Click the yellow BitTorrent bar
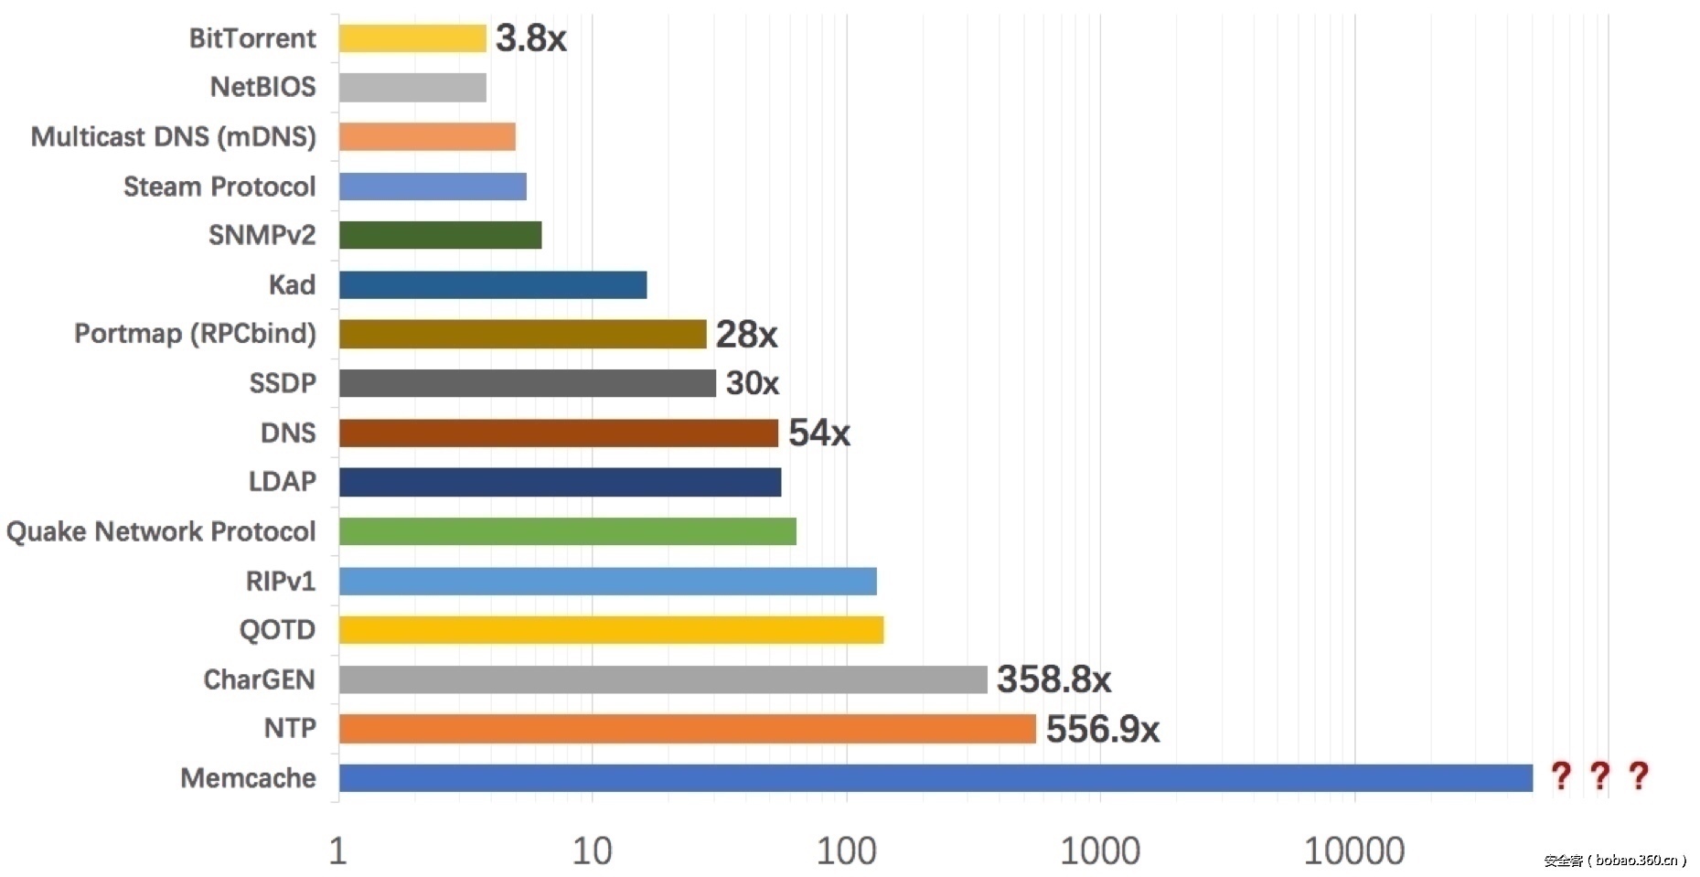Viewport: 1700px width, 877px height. [x=412, y=38]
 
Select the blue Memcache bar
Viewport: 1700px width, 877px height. [x=935, y=778]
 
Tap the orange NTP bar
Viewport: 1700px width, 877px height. [x=687, y=729]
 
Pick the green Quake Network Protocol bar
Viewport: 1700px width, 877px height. [x=567, y=531]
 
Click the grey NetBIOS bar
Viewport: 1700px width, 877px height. [x=412, y=88]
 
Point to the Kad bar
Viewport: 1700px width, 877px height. [x=492, y=285]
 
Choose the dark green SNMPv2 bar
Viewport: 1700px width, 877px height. [x=440, y=235]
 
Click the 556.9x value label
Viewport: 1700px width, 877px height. [x=1102, y=730]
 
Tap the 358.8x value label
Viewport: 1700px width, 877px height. [x=1053, y=679]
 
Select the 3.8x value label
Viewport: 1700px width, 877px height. [x=530, y=38]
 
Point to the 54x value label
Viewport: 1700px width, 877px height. [x=819, y=433]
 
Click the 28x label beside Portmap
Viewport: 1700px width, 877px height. [x=746, y=335]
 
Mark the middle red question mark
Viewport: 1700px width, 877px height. [x=1599, y=776]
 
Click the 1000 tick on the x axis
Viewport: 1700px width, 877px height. [x=1100, y=851]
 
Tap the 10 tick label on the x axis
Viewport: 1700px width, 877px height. [x=592, y=851]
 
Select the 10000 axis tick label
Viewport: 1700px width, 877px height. [x=1353, y=851]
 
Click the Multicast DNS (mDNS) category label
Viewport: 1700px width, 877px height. [x=174, y=137]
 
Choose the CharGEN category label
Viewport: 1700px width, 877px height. [x=259, y=679]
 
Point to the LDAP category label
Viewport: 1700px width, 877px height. [x=282, y=482]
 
